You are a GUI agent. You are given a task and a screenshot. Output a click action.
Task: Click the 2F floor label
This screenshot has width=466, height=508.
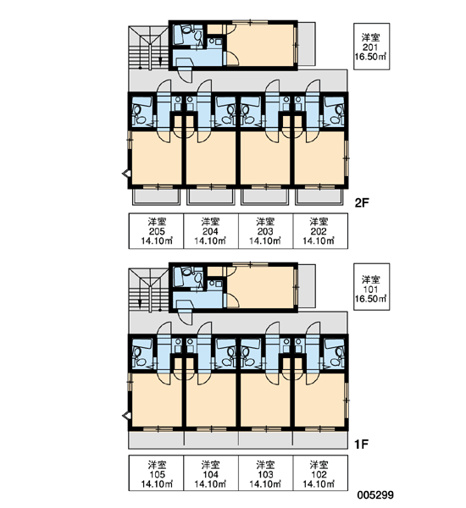362,203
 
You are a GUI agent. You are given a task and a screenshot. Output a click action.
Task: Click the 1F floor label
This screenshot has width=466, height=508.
361,444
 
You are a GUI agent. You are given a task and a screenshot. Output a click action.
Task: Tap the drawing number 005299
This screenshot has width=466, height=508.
375,494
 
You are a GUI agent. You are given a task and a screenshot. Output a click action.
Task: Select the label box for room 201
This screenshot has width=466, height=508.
371,47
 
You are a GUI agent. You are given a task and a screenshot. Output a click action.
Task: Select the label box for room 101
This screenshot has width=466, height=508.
371,287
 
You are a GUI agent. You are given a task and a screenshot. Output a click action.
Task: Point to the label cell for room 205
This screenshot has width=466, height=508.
156,231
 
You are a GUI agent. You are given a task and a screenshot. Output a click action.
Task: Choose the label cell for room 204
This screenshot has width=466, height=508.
211,231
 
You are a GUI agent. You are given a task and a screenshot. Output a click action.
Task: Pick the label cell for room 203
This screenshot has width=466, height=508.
266,231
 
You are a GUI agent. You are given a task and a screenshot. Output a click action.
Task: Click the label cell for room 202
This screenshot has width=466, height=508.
321,231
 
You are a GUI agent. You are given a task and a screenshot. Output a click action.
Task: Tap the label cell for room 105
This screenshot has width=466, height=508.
156,473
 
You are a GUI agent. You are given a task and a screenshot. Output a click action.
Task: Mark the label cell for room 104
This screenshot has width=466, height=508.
211,473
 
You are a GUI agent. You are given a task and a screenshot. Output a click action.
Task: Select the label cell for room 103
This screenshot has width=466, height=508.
266,473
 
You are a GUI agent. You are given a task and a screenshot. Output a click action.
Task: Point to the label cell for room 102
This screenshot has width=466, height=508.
321,473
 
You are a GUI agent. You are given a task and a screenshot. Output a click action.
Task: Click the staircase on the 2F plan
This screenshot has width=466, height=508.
148,48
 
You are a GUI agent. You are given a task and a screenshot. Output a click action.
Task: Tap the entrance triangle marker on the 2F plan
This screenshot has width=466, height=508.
126,174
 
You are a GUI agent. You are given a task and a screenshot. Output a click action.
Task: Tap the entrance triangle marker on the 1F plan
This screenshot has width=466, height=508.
126,416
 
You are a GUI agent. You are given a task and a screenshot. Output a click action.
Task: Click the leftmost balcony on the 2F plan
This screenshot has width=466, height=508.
156,197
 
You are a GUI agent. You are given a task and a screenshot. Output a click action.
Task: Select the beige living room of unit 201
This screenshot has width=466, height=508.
261,45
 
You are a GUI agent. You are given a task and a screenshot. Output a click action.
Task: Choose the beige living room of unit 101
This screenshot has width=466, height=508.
261,287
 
